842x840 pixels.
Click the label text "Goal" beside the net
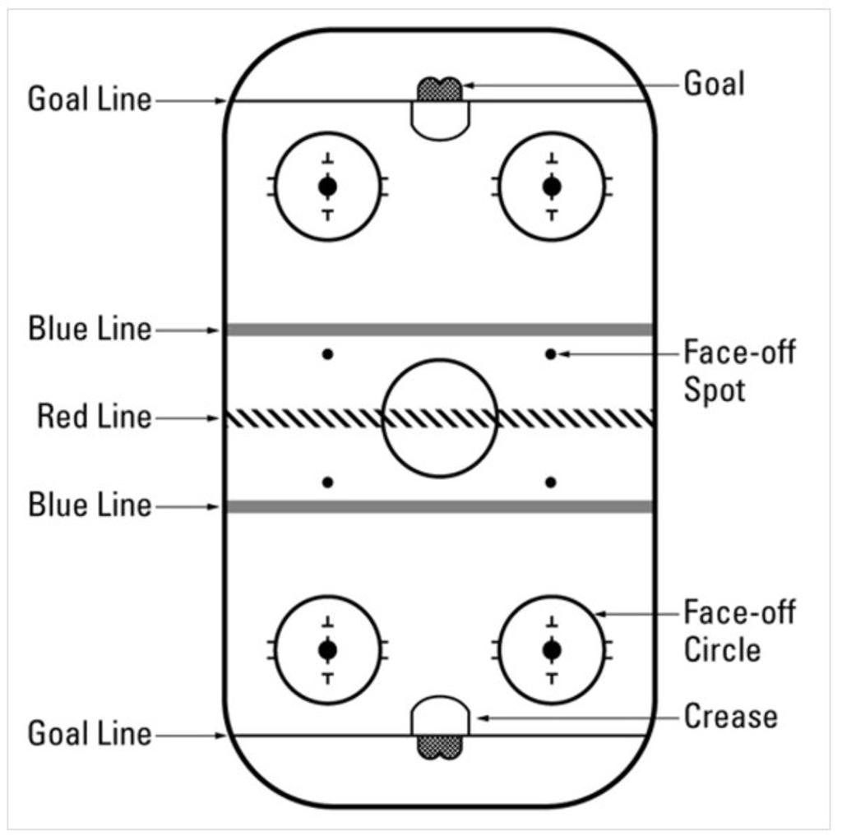[x=714, y=84]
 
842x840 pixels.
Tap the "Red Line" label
[x=95, y=418]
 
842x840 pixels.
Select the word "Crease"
[x=730, y=717]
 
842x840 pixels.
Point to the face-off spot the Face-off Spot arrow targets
[x=551, y=354]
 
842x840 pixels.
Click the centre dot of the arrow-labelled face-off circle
[x=552, y=650]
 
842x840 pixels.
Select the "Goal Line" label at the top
[x=90, y=100]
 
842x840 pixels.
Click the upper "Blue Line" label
[x=90, y=330]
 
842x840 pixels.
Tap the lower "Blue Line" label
[x=90, y=505]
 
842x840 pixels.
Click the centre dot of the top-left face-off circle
[x=328, y=187]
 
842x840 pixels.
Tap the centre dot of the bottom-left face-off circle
[x=328, y=650]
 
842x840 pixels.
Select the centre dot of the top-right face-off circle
[x=552, y=187]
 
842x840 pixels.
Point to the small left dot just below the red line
[x=328, y=482]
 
